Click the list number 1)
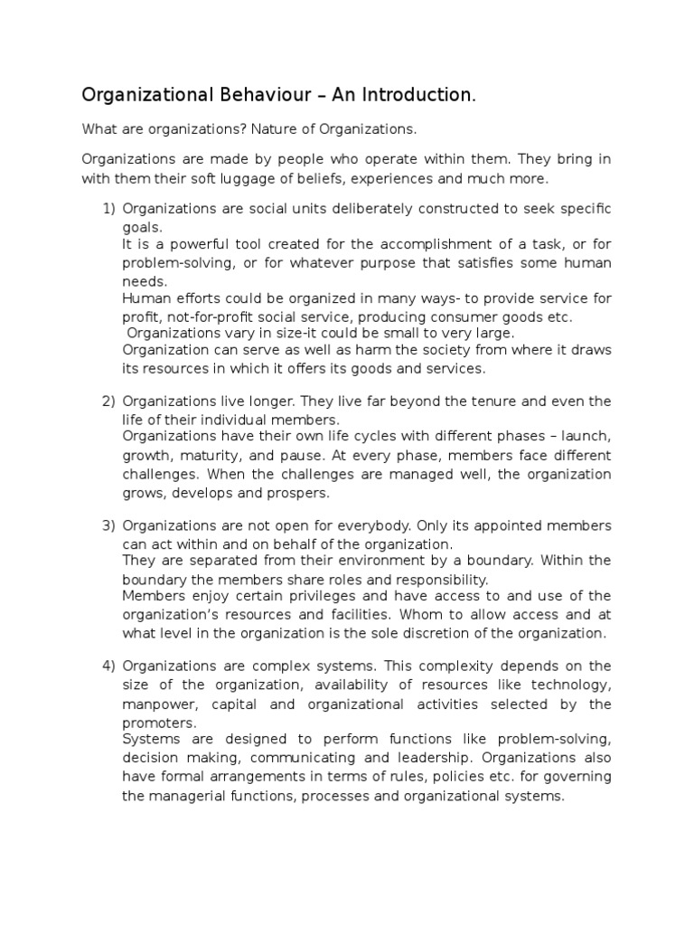[x=108, y=209]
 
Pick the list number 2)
[x=108, y=401]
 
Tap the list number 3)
[x=108, y=525]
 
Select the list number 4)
[x=108, y=666]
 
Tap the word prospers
[x=298, y=494]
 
